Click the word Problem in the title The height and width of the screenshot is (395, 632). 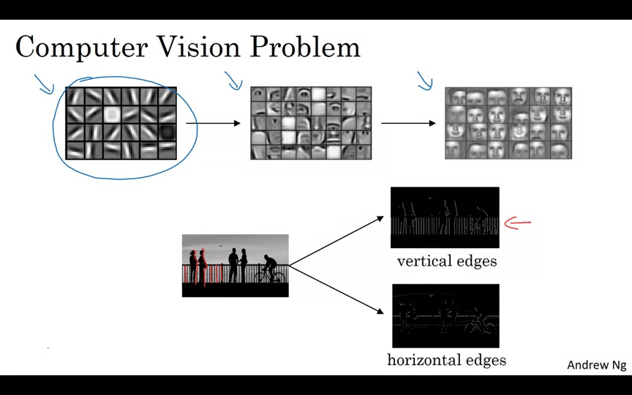point(305,48)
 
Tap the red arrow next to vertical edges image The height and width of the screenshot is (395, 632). point(517,223)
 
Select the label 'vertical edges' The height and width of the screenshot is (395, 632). point(447,261)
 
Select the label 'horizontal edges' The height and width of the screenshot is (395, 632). point(446,360)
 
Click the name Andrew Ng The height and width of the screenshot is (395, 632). point(596,365)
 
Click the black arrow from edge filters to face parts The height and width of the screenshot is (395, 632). point(213,124)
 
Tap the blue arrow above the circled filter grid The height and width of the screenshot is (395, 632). point(44,84)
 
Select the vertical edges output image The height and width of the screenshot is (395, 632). point(445,217)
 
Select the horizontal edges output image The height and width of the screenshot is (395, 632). point(445,315)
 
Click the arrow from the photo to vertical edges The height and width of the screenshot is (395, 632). point(336,241)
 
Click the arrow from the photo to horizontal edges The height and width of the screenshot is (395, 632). point(336,290)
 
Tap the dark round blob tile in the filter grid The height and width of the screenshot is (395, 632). point(167,132)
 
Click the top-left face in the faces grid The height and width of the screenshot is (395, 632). point(457,97)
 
